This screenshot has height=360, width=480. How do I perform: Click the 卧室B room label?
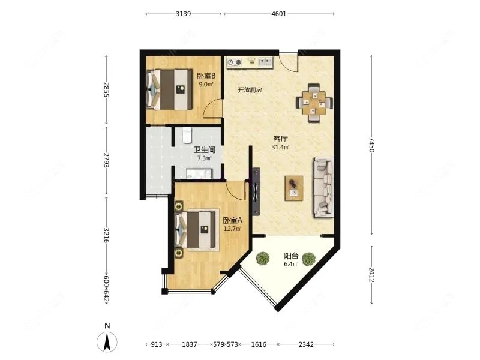click(x=206, y=76)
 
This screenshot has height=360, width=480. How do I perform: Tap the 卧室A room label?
click(x=233, y=220)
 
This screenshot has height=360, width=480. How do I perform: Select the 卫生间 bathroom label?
click(x=205, y=149)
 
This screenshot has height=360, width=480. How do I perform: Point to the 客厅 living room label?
click(x=280, y=139)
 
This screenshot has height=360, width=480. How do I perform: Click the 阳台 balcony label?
click(x=291, y=256)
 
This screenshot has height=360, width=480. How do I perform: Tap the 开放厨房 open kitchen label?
click(x=250, y=90)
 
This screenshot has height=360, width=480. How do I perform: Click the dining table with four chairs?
click(x=314, y=103)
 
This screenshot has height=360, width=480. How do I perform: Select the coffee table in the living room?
click(x=294, y=188)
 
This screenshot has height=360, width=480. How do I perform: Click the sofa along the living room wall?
click(x=323, y=187)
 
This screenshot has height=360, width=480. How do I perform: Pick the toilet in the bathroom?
click(x=187, y=136)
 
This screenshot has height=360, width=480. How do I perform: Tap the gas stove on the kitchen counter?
click(x=234, y=63)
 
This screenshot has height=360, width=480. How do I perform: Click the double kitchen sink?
click(x=266, y=62)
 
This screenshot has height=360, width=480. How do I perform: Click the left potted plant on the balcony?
click(x=263, y=259)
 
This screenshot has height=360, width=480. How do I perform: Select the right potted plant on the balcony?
click(x=308, y=259)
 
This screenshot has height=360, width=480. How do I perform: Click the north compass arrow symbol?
click(x=107, y=342)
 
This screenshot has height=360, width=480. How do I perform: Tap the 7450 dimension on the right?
click(x=371, y=145)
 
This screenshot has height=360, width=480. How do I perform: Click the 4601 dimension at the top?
click(x=279, y=14)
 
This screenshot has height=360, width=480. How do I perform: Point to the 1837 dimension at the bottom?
click(x=190, y=344)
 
